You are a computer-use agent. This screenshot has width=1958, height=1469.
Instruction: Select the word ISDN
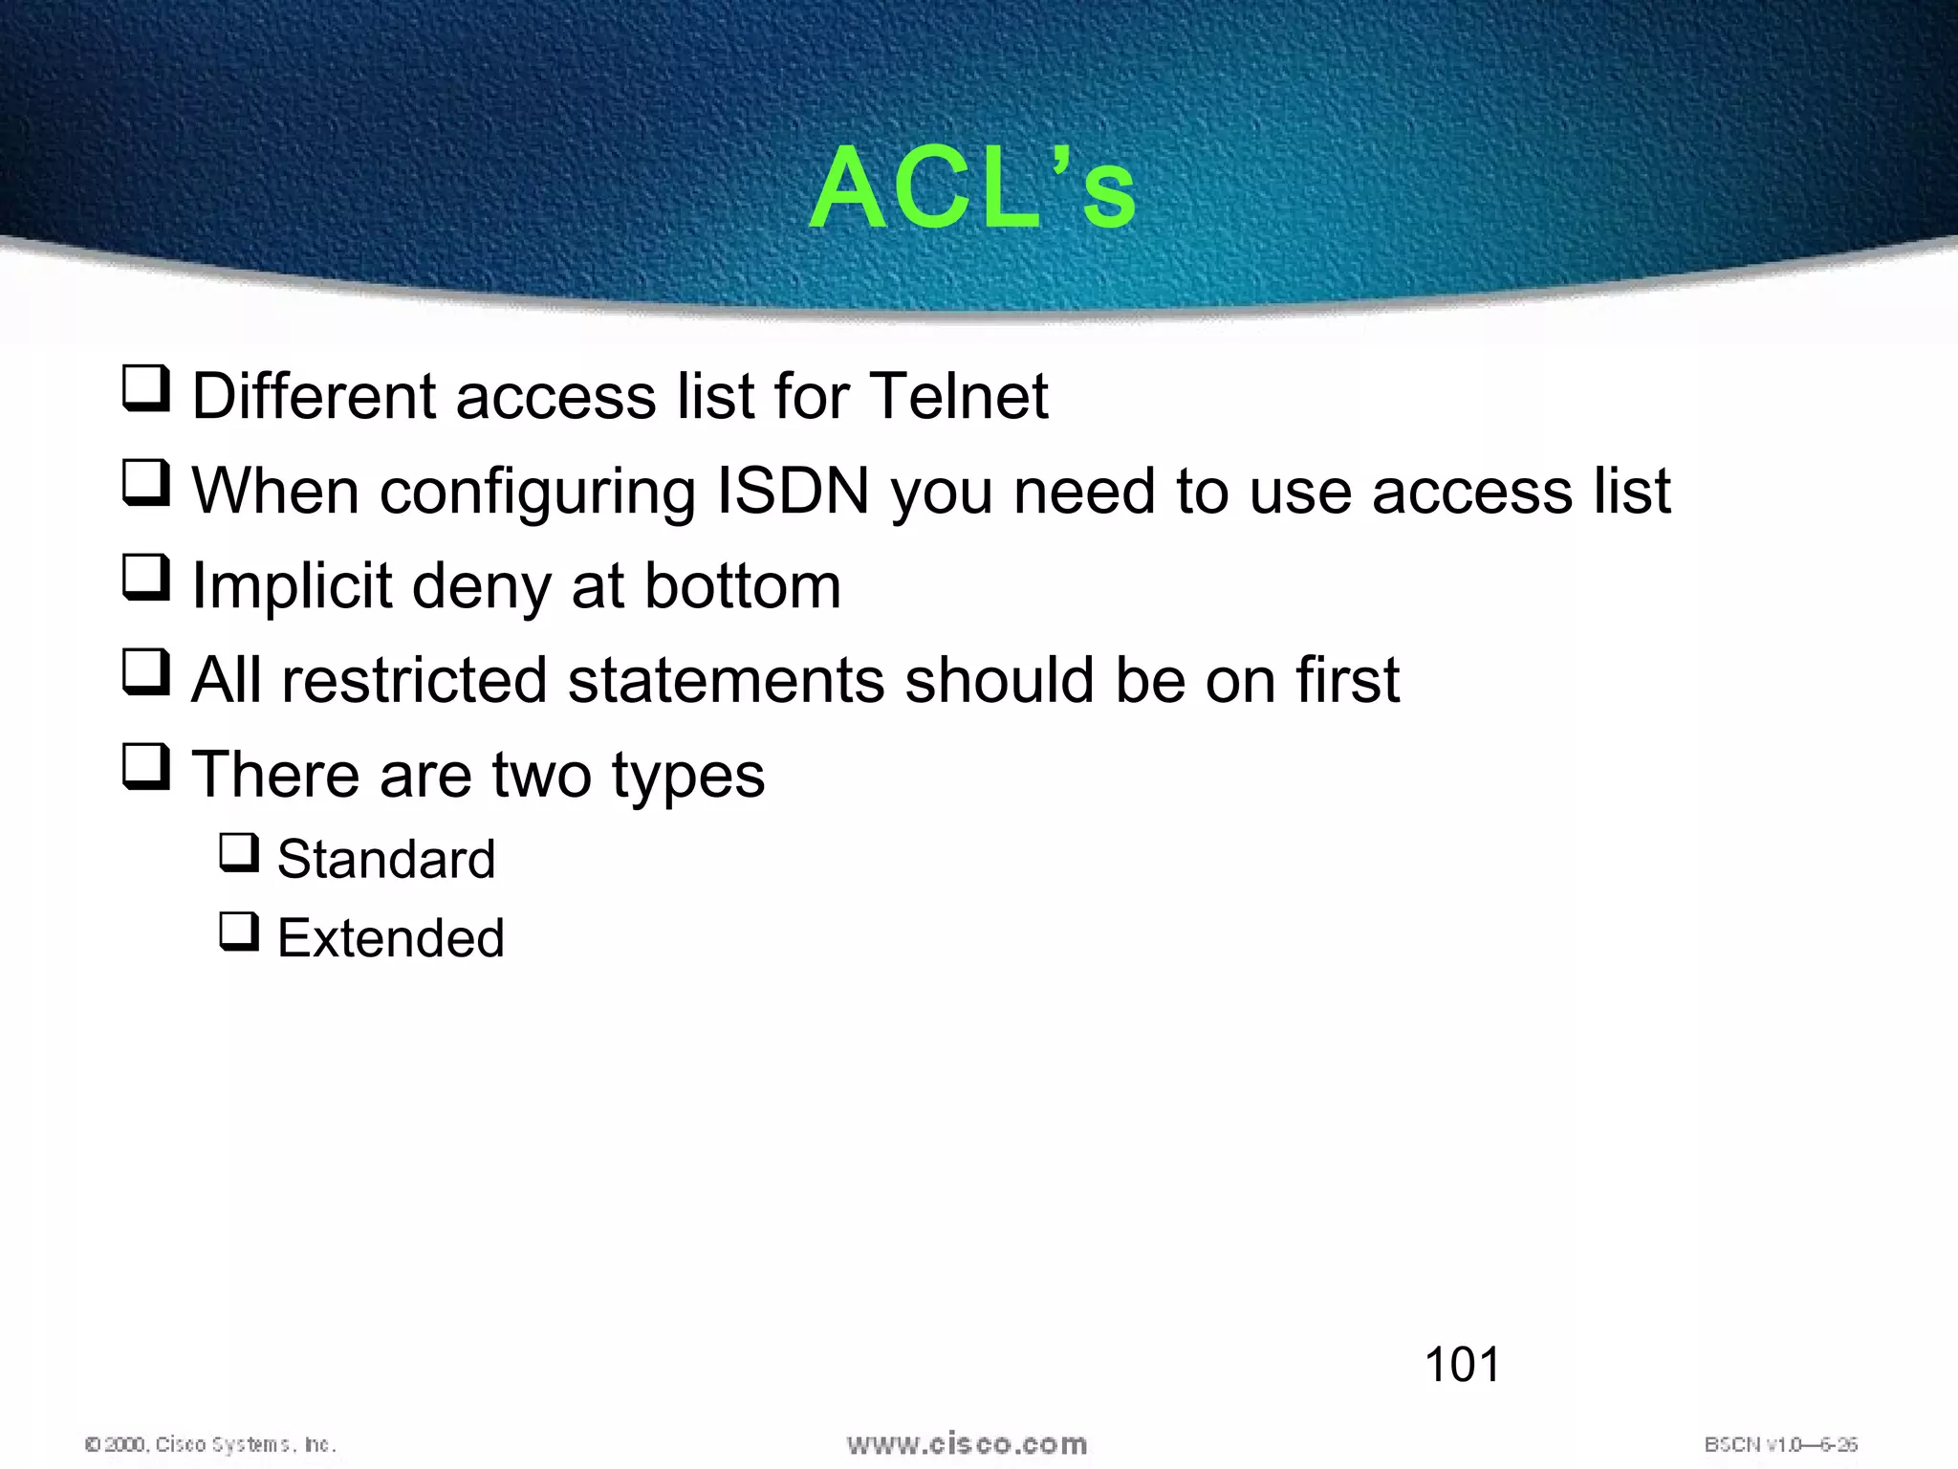point(793,491)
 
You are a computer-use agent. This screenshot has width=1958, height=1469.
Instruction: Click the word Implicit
point(292,585)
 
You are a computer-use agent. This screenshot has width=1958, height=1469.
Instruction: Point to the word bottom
point(743,585)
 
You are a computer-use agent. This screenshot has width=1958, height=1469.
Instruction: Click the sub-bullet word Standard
point(386,859)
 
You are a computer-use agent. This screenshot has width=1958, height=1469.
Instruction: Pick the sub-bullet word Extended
point(391,938)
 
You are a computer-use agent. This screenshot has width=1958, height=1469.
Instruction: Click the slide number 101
point(1463,1365)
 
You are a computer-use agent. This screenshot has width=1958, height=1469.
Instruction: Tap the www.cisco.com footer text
point(967,1444)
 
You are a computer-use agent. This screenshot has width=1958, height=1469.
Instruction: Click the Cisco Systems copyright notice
point(211,1444)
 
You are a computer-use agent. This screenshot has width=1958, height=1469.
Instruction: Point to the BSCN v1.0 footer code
point(1780,1444)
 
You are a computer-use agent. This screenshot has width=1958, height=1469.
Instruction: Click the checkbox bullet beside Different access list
point(146,390)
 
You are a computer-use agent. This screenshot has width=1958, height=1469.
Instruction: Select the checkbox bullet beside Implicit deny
point(146,579)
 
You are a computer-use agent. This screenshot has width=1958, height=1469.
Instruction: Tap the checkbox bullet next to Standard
point(239,852)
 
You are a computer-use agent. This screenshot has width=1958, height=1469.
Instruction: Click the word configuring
point(537,493)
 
